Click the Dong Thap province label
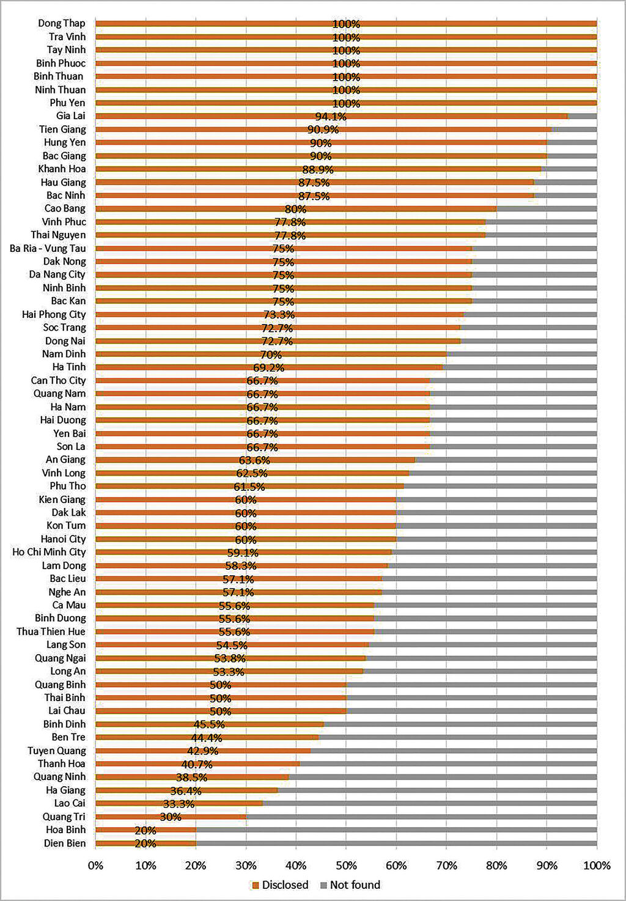pyautogui.click(x=62, y=23)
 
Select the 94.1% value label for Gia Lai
pyautogui.click(x=331, y=116)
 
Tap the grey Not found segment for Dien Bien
pyautogui.click(x=396, y=843)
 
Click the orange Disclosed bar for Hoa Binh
pyautogui.click(x=145, y=829)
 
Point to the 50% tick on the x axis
pyautogui.click(x=346, y=866)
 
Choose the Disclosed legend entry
pyautogui.click(x=280, y=884)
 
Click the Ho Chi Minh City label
pyautogui.click(x=49, y=552)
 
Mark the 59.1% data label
pyautogui.click(x=243, y=553)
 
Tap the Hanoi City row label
pyautogui.click(x=63, y=539)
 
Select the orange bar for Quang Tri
pyautogui.click(x=171, y=817)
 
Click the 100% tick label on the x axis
pyautogui.click(x=597, y=866)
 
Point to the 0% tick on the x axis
pyautogui.click(x=95, y=866)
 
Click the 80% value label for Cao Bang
pyautogui.click(x=295, y=209)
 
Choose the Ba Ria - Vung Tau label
pyautogui.click(x=48, y=248)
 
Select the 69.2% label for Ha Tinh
pyautogui.click(x=268, y=367)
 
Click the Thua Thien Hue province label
pyautogui.click(x=51, y=631)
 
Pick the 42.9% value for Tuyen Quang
pyautogui.click(x=202, y=751)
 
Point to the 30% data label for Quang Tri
pyautogui.click(x=171, y=817)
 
